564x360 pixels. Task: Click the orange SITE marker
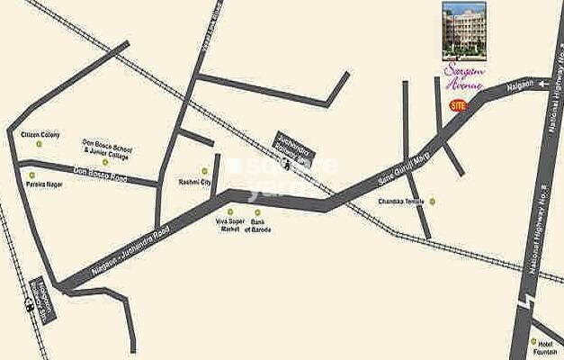coord(458,105)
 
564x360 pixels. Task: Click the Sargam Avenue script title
coord(464,76)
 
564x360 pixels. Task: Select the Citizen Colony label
coord(40,134)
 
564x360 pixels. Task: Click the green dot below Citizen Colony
coord(39,144)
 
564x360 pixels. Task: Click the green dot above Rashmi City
coord(204,170)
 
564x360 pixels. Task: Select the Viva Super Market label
coord(230,225)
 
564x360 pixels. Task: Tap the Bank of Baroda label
coord(260,225)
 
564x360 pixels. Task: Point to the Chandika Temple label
coord(400,202)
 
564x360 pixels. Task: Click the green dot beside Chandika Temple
coord(432,202)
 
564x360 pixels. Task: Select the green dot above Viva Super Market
coord(230,211)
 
